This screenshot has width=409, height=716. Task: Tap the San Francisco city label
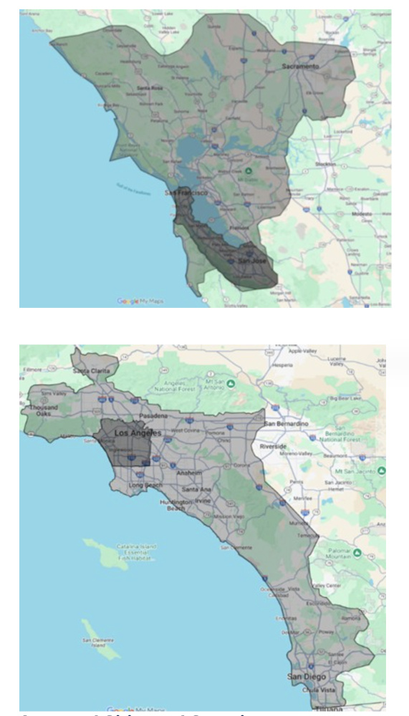coord(187,193)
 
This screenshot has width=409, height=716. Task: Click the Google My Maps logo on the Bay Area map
coord(141,301)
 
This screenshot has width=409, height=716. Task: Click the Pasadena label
coord(153,415)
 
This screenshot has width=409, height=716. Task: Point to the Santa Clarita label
coord(90,370)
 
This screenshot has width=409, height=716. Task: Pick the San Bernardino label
coord(287,424)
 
